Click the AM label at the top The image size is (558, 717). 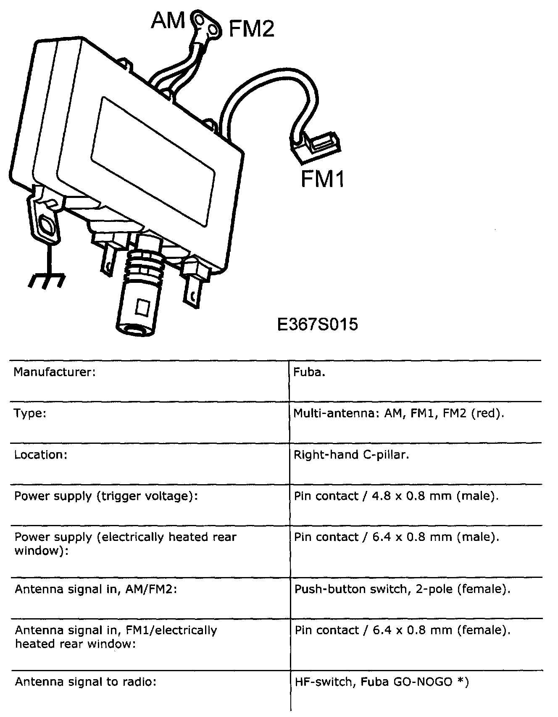[168, 20]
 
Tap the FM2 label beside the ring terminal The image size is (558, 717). [251, 29]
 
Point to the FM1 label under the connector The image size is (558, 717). [323, 178]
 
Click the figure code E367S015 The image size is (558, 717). [318, 324]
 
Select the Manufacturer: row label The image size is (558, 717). [55, 372]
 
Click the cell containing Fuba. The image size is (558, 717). [309, 372]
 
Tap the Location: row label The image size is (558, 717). [41, 455]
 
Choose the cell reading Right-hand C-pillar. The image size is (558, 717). [351, 455]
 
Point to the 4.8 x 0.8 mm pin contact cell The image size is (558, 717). [396, 496]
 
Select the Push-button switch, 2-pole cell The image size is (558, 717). [402, 589]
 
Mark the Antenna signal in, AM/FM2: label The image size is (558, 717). [96, 589]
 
